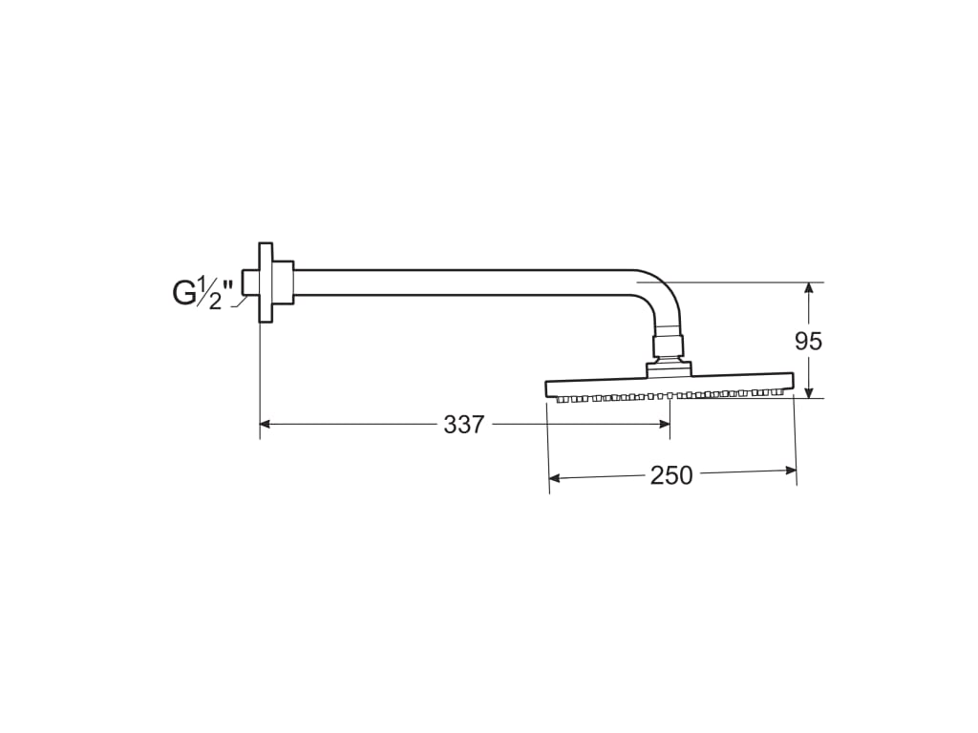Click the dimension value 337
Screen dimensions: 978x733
463,425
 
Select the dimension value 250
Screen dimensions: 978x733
671,475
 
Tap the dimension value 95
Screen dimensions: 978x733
808,341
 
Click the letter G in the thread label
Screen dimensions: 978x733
184,293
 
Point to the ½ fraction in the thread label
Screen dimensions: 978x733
209,294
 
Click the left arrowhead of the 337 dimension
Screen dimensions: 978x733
266,425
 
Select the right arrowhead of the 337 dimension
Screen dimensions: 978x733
665,425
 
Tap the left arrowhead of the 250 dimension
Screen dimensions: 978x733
555,478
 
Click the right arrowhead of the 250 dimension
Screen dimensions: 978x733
791,470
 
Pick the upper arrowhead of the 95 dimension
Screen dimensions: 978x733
809,288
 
